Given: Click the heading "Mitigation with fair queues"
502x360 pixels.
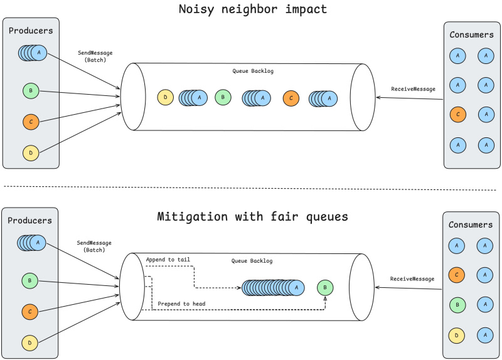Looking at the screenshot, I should [x=252, y=217].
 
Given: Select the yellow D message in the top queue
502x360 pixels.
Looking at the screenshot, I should [x=165, y=98].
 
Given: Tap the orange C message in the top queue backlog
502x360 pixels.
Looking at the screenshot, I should [x=291, y=98].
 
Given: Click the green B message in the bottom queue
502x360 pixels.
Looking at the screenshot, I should [x=324, y=288].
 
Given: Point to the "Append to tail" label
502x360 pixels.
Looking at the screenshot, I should [x=168, y=260].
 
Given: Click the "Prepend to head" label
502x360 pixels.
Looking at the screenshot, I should [x=181, y=304].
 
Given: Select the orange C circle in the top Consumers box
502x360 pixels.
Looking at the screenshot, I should [x=457, y=114].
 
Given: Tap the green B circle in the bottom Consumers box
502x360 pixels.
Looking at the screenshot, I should [x=456, y=304].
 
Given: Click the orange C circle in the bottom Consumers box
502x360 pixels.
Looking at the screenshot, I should [x=456, y=274].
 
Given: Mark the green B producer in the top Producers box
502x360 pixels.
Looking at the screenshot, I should [x=30, y=91].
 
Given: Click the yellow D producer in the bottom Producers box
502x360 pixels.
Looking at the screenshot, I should [x=30, y=342].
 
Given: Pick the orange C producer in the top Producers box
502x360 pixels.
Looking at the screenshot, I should [x=30, y=121].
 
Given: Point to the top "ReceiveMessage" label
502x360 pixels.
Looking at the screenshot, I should [x=413, y=89].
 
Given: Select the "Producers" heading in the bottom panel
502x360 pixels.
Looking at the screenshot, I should [x=30, y=221].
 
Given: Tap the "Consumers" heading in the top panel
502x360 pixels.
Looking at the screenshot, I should [x=471, y=34].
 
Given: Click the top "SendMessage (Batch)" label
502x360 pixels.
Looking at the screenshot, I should [x=95, y=56].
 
